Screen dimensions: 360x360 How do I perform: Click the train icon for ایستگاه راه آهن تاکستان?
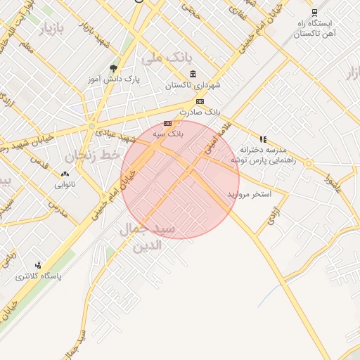(314, 12)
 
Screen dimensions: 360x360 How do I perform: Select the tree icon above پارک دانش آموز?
(113, 68)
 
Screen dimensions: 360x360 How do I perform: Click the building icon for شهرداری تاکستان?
(193, 75)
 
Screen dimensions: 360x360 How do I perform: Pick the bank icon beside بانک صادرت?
(200, 101)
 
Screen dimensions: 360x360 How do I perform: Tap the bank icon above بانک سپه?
(167, 123)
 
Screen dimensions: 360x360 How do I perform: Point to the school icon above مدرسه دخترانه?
(263, 139)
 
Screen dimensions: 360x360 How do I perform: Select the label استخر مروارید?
(244, 193)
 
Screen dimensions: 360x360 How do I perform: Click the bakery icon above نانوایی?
(65, 174)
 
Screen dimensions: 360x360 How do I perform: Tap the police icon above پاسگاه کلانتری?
(38, 266)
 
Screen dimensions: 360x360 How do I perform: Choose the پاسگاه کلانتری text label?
(39, 277)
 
